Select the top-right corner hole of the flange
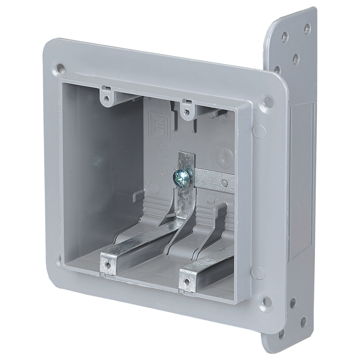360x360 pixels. click(268, 101)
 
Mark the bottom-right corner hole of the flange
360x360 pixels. click(266, 301)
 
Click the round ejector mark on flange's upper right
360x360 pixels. click(259, 131)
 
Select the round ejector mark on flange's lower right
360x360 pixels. click(258, 273)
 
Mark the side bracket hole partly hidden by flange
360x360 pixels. click(278, 69)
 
